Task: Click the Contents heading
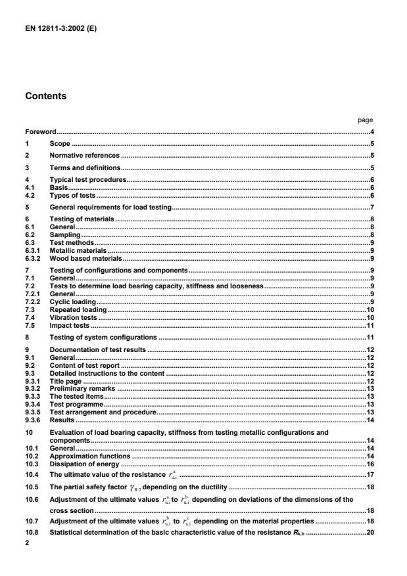[x=47, y=95]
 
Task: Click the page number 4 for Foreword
[x=371, y=132]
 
